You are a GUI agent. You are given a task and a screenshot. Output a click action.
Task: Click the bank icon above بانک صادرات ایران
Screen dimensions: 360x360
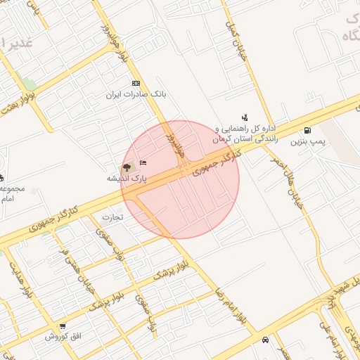coord(136,83)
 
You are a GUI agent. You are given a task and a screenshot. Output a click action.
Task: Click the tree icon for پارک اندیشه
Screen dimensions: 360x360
coord(127,167)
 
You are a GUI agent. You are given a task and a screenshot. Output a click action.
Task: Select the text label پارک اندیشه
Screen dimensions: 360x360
coord(127,179)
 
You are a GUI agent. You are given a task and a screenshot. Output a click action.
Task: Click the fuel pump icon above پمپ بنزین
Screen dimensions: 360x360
coord(307,131)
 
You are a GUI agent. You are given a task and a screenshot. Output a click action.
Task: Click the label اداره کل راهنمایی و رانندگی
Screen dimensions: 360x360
coord(245,134)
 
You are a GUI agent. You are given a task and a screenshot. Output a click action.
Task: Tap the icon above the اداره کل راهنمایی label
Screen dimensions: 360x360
coord(244,117)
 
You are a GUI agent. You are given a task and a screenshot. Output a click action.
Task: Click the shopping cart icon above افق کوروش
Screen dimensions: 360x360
coord(63,326)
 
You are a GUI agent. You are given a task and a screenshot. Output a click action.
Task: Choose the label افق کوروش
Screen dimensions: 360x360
coord(64,337)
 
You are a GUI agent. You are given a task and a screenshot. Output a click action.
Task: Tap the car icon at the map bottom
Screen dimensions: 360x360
coord(264,340)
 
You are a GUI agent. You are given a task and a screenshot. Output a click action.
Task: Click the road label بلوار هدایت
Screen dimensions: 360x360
coord(19,276)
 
